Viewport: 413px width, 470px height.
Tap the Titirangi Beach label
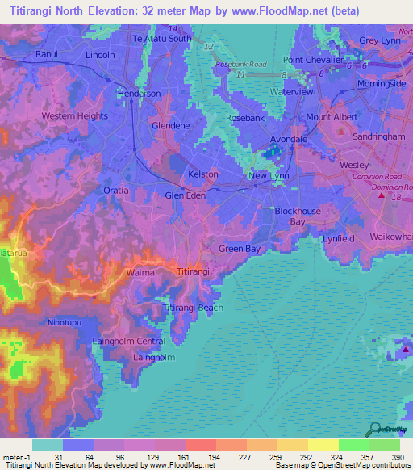192,308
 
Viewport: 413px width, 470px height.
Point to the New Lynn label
268,176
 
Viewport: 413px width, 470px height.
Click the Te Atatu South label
162,38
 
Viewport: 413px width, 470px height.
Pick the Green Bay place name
240,249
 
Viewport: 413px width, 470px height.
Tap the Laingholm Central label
128,342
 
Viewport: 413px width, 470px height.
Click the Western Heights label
75,116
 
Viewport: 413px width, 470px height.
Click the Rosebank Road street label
240,65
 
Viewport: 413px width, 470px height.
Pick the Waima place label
140,273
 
